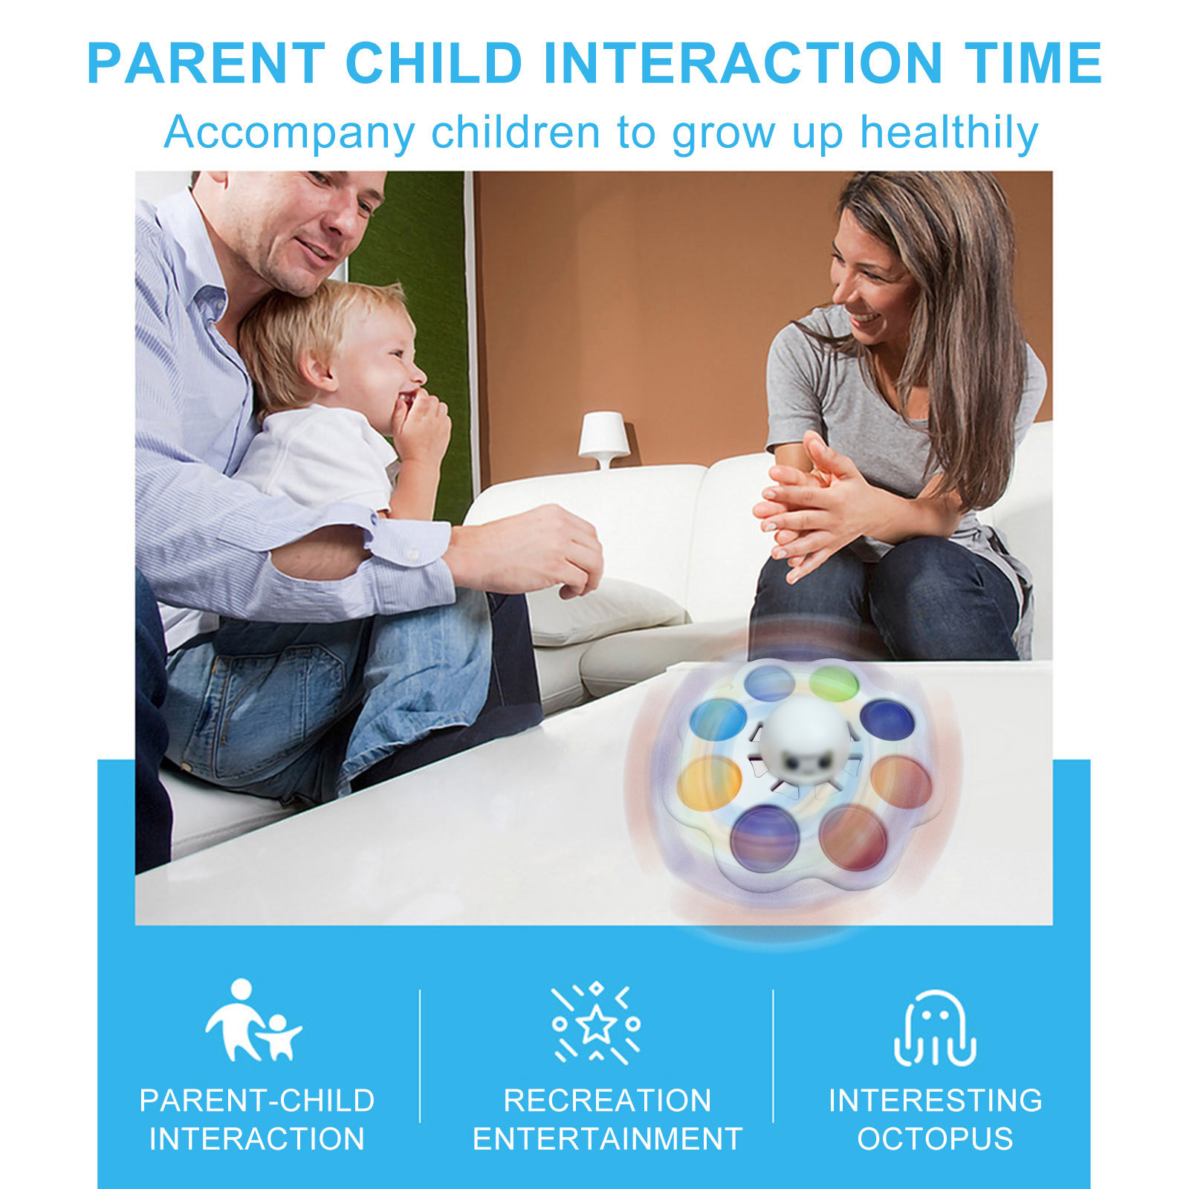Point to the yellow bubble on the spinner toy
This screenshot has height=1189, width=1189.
point(709,783)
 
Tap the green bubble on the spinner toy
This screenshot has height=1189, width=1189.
point(834,683)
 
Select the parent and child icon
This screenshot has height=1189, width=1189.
point(253,1020)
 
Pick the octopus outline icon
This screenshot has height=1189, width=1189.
point(935,1028)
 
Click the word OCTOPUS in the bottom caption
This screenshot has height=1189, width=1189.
point(935,1139)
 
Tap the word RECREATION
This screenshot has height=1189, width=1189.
point(607,1101)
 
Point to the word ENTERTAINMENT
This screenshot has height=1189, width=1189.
point(607,1139)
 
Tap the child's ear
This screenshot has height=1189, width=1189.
point(319,369)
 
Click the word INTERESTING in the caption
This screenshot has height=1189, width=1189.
point(935,1101)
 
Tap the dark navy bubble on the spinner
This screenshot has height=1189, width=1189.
point(887,720)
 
